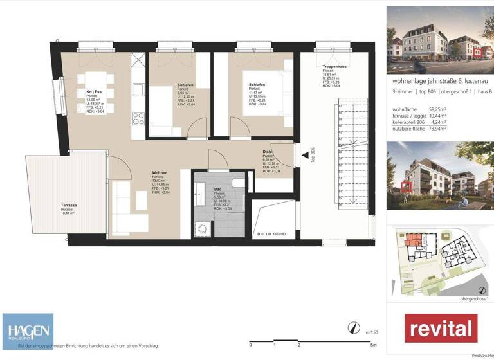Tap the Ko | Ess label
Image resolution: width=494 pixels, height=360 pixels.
coord(94,92)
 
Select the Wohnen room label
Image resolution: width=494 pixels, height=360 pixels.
coord(160,173)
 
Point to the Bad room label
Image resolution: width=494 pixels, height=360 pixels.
coord(218,189)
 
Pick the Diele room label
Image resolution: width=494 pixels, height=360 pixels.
coord(267,152)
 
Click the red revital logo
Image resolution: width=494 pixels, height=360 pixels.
coord(441,328)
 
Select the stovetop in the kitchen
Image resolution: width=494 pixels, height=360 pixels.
coord(138,118)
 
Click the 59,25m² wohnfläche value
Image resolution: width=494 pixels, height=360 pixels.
coord(436,109)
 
